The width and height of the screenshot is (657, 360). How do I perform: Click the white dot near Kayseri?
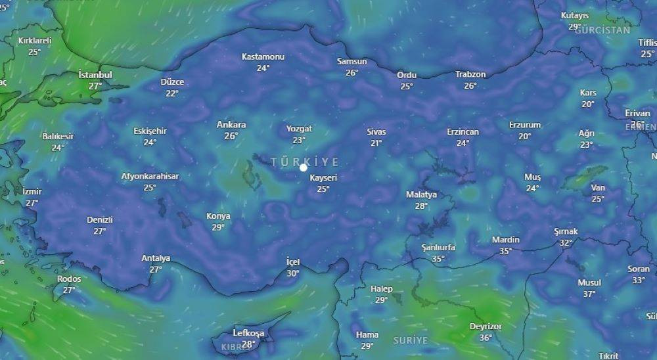click(304, 168)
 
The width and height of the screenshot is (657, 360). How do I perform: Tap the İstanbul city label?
click(95, 75)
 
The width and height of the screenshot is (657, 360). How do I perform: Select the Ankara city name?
click(231, 125)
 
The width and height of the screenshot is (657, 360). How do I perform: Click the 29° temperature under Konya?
click(218, 227)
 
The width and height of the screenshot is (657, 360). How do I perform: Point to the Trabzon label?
click(470, 75)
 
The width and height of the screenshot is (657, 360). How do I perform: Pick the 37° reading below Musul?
click(589, 294)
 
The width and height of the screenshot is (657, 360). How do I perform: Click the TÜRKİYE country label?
click(305, 162)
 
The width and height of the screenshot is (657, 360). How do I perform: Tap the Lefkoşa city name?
click(248, 333)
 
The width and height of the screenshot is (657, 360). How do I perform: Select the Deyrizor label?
click(486, 326)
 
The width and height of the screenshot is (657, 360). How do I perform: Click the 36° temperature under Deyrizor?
click(486, 338)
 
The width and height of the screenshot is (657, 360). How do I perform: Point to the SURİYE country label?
click(410, 340)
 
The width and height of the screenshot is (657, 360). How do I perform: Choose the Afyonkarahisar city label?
click(150, 176)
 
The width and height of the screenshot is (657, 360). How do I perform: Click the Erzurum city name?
click(524, 125)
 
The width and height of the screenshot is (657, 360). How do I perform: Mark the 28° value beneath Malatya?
click(421, 206)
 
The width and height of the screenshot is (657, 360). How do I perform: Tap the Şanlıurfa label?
click(438, 248)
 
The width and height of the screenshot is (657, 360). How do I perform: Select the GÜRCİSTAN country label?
click(602, 30)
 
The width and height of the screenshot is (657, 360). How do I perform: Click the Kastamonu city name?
click(263, 56)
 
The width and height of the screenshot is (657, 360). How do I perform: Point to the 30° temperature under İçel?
click(293, 273)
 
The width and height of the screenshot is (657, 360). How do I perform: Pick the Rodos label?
click(69, 279)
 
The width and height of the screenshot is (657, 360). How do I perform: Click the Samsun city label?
click(351, 62)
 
